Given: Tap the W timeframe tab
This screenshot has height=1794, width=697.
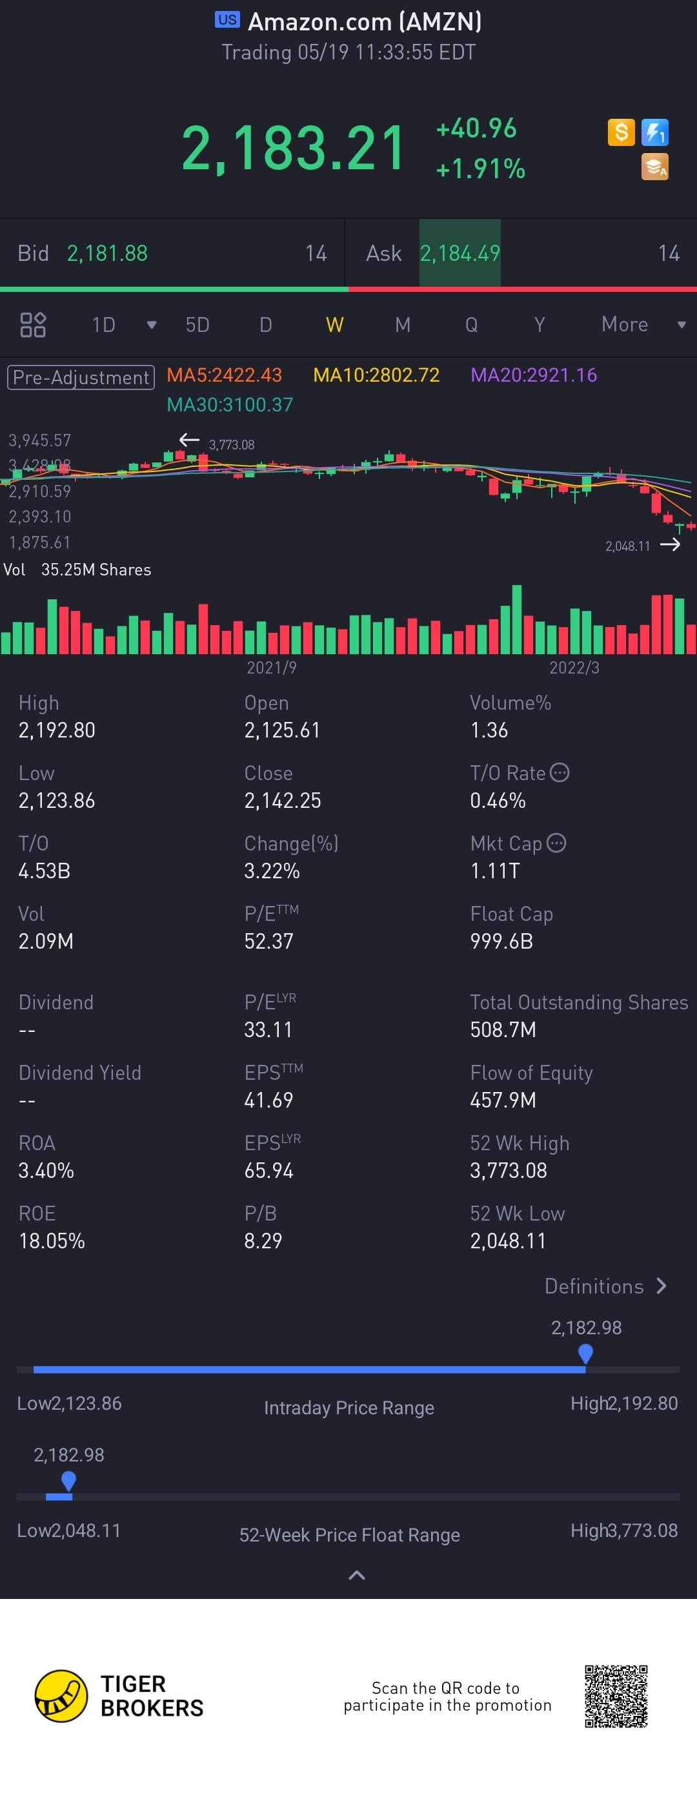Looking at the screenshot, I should [334, 325].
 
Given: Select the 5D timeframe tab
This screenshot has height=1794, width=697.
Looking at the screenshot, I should [197, 325].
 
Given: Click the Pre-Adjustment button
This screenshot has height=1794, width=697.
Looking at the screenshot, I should [81, 378].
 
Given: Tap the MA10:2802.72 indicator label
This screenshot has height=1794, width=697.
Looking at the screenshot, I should [376, 375].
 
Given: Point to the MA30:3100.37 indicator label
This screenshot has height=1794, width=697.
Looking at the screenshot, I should [230, 405].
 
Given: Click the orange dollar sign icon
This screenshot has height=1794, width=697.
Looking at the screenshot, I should [620, 132].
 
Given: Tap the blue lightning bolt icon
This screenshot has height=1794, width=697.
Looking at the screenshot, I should [654, 132].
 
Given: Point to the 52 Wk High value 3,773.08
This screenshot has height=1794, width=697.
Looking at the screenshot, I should [509, 1171].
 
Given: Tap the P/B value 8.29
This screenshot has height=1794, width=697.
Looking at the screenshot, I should [263, 1241].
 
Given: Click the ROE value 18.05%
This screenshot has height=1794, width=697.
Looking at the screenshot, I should [52, 1241].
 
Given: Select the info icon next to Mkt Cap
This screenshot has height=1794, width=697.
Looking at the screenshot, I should [556, 843].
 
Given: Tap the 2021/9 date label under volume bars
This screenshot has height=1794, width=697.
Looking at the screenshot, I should [272, 668].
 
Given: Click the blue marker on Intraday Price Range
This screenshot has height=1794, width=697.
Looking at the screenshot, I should [585, 1354].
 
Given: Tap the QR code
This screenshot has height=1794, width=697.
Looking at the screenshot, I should [616, 1696].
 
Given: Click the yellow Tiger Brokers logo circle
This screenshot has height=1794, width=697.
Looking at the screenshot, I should [61, 1696].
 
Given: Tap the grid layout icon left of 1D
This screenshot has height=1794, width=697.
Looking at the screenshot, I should [33, 325].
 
